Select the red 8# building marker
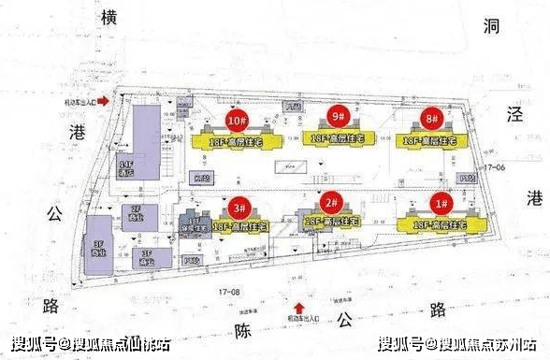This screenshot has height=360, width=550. pyautogui.click(x=430, y=119)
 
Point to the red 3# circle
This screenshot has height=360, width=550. pyautogui.click(x=240, y=207)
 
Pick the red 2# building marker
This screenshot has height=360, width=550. pyautogui.click(x=329, y=202)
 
